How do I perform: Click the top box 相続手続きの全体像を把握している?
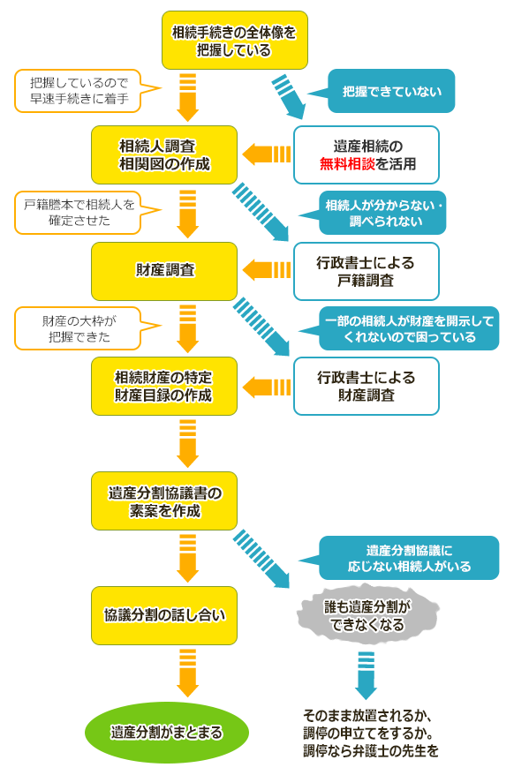coord(235,40)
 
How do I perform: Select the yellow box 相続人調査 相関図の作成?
coord(164,154)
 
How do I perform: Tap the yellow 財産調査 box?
coord(164,271)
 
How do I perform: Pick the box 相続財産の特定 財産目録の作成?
coord(164,386)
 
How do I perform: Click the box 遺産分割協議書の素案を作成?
coord(164,500)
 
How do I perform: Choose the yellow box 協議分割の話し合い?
coord(164,615)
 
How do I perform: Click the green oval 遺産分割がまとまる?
coord(167,732)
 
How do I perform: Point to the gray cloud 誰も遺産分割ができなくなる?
coord(367,615)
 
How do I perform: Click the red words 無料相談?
coord(347,163)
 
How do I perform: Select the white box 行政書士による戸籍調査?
coord(367,271)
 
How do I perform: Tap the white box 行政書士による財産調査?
coord(367,386)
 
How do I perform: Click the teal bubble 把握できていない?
coord(381,91)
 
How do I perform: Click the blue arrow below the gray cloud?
coord(367,675)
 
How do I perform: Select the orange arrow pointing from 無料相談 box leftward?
coord(266,154)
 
